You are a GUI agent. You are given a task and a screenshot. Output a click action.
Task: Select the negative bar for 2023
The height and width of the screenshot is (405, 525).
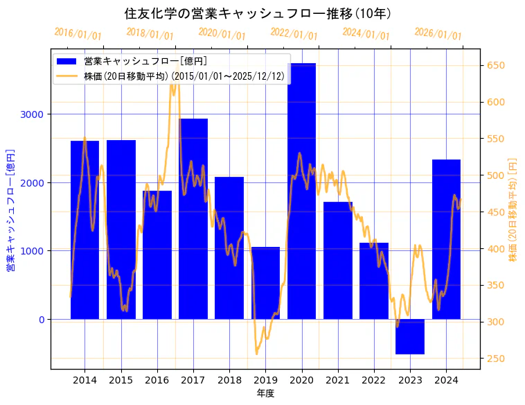410,336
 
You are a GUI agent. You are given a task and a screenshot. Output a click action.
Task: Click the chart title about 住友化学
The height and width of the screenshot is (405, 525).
258,13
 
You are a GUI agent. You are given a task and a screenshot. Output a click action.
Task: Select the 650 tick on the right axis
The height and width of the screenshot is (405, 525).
497,66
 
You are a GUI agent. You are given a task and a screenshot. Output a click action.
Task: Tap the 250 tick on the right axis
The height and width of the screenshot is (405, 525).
497,359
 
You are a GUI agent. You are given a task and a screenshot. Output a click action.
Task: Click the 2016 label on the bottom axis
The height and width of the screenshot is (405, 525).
157,380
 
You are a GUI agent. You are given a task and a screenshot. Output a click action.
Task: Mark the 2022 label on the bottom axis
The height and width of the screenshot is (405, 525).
374,380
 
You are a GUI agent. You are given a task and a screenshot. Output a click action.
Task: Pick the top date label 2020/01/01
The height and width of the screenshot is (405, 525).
222,34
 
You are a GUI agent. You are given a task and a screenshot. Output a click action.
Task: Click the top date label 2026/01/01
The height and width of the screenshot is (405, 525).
438,34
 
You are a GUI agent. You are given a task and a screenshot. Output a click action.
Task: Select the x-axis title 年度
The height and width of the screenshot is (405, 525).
265,393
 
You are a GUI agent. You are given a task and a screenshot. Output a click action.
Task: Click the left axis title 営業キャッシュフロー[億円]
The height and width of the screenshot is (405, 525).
11,209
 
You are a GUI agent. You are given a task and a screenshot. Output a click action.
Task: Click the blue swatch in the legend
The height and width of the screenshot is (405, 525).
68,62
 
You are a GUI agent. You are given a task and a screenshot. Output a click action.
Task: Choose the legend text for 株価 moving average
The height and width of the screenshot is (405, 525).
184,76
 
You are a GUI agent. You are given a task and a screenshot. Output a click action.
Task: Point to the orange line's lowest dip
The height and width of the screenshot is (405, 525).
256,354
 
